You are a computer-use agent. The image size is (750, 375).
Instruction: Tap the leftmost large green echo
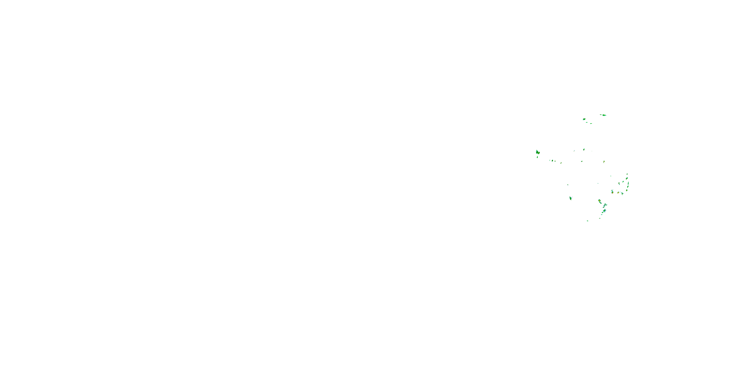pyautogui.click(x=537, y=152)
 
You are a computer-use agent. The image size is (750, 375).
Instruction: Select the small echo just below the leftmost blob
pyautogui.click(x=537, y=157)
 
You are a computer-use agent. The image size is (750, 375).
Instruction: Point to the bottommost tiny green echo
pyautogui.click(x=587, y=221)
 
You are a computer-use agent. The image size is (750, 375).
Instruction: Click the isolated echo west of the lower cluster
pyautogui.click(x=571, y=198)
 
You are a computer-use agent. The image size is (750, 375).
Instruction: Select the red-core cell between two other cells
pyautogui.click(x=618, y=192)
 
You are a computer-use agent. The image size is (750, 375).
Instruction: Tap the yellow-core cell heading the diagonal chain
pyautogui.click(x=599, y=200)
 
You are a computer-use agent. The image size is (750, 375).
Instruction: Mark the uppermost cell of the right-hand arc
pyautogui.click(x=627, y=174)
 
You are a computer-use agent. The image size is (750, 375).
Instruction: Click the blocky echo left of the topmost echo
pyautogui.click(x=584, y=119)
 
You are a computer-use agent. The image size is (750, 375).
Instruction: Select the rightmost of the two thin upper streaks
pyautogui.click(x=591, y=123)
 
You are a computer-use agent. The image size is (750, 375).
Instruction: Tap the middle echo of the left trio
pyautogui.click(x=552, y=160)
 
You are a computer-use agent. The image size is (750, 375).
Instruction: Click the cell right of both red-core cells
pyautogui.click(x=622, y=193)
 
